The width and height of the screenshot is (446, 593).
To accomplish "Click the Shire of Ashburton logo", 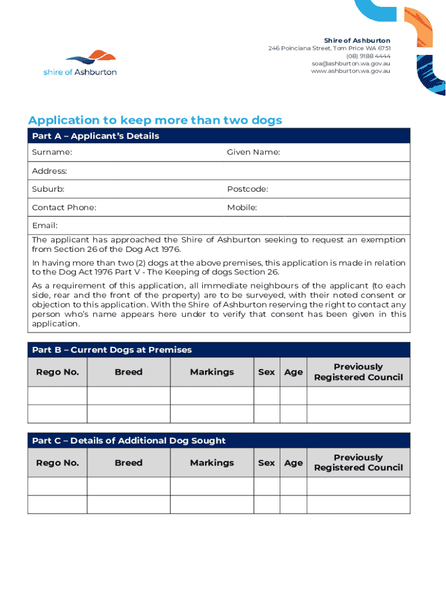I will [80, 63].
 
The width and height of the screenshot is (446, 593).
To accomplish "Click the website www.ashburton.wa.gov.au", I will [350, 71].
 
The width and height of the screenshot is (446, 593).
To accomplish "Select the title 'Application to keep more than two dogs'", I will [155, 120].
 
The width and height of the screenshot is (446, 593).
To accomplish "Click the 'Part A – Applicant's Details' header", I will [96, 136].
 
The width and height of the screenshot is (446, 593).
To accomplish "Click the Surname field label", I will [52, 152].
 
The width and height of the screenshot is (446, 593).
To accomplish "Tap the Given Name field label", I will [253, 152].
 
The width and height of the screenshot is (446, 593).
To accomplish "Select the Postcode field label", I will [247, 189].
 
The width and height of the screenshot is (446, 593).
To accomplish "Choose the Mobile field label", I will [242, 208].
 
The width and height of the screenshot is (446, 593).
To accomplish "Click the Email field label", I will [45, 226].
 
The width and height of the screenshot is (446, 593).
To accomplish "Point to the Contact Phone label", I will [64, 208].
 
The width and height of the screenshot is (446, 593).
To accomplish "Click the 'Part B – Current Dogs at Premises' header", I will [112, 350].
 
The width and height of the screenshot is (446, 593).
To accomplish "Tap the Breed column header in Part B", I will [129, 372].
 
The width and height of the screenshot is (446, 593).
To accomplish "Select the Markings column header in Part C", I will [212, 463].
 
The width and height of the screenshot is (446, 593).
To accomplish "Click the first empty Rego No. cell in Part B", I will [57, 396].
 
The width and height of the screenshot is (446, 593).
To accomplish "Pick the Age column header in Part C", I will [293, 463].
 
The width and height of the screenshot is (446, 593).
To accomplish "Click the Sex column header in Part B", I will [266, 372].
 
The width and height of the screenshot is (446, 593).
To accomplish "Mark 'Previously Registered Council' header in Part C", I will [358, 463].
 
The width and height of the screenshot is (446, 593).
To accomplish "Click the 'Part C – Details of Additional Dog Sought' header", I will [129, 441].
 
